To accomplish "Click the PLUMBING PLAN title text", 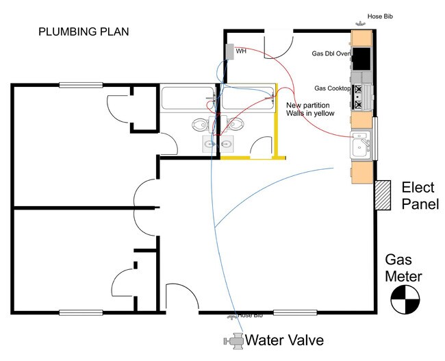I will pos(83,32).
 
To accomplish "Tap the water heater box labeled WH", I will pos(229,52).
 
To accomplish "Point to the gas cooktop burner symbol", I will pos(361,97).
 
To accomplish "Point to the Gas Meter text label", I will pos(403,269).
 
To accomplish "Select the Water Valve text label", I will pos(284,340).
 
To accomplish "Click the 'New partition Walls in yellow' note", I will pos(310,109).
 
